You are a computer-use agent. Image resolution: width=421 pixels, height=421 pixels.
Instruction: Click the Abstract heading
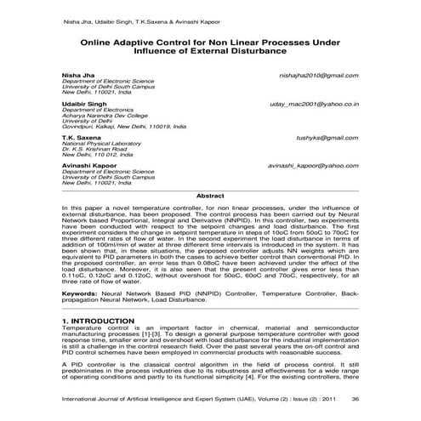pyautogui.click(x=210, y=196)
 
